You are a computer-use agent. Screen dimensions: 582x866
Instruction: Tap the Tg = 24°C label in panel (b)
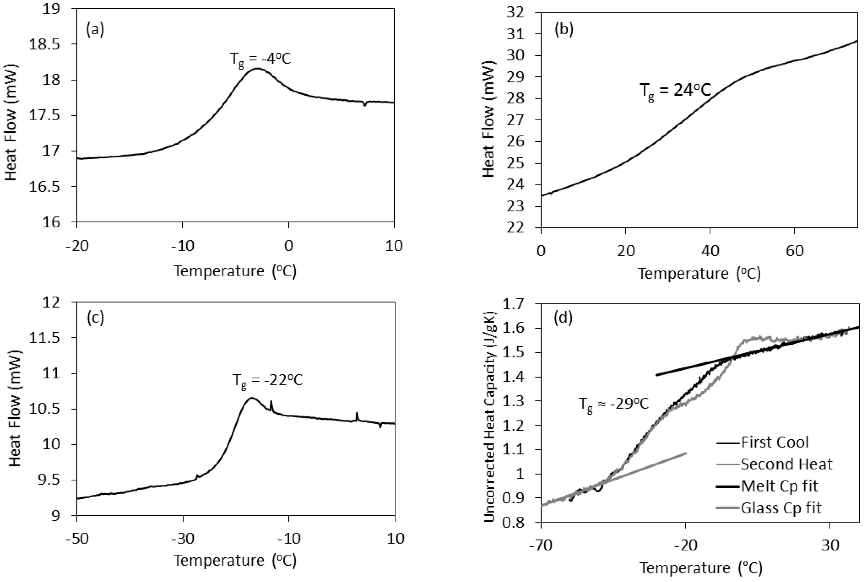[x=675, y=91]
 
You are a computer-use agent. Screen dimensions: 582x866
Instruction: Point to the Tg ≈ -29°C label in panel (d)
[x=614, y=404]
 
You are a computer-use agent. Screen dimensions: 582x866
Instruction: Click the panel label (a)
[x=95, y=29]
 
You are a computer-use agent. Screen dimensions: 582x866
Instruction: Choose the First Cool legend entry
[x=774, y=442]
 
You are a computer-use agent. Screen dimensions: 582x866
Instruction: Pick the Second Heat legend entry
[x=786, y=464]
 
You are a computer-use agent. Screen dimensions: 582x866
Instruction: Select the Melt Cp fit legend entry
[x=779, y=486]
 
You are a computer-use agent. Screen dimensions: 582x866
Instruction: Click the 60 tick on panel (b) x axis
[x=794, y=251]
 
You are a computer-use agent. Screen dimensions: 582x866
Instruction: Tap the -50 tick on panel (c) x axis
[x=77, y=538]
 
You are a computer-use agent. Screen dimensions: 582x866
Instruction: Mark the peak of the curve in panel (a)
[x=257, y=68]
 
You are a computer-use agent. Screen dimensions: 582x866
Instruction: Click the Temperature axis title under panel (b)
[x=699, y=274]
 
